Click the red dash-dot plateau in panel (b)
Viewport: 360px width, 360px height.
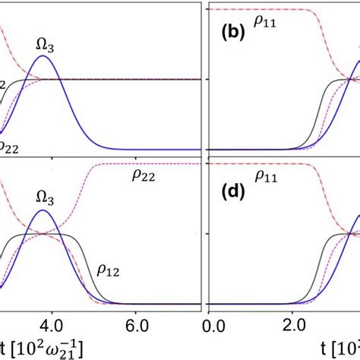258,9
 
